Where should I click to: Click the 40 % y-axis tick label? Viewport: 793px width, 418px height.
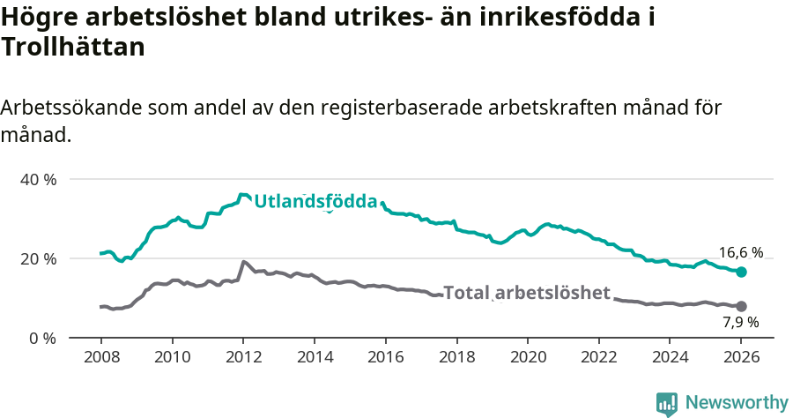click(x=37, y=179)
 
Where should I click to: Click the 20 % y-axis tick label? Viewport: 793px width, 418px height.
click(x=37, y=258)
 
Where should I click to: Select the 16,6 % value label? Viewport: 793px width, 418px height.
click(x=741, y=253)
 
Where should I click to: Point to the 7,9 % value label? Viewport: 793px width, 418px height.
click(x=740, y=323)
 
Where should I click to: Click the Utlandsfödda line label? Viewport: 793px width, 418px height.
click(x=315, y=202)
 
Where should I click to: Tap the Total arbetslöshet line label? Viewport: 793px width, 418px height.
click(x=526, y=293)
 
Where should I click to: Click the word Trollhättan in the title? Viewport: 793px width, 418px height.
click(x=73, y=48)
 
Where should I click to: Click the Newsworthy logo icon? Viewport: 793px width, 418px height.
click(x=667, y=403)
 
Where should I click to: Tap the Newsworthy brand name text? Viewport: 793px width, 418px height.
click(x=737, y=403)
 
